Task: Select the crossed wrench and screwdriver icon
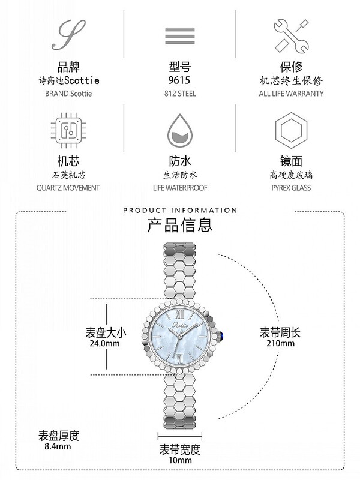click(x=290, y=34)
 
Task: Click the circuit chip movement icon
click(x=68, y=128)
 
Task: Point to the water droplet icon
click(x=179, y=128)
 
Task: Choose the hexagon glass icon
click(x=290, y=128)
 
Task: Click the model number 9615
click(x=179, y=80)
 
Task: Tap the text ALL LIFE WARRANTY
click(x=291, y=94)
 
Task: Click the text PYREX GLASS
click(x=290, y=188)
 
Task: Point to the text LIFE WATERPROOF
click(x=179, y=188)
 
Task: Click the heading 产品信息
click(x=179, y=226)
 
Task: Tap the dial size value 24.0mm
click(x=103, y=344)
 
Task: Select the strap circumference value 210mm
click(x=280, y=344)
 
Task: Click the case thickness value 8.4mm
click(x=58, y=446)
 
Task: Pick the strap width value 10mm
click(x=179, y=461)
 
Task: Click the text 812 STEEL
click(x=179, y=94)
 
